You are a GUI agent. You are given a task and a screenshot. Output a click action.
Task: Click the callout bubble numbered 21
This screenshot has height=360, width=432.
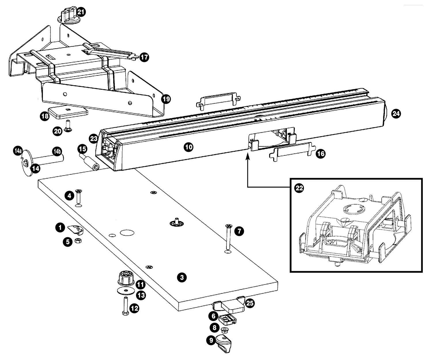(81, 12)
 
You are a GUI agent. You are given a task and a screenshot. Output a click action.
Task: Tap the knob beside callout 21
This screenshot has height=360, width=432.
(67, 16)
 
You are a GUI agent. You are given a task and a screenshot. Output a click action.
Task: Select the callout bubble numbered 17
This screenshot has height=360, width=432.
(144, 57)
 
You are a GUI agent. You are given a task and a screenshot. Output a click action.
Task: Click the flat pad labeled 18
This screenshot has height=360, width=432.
(68, 113)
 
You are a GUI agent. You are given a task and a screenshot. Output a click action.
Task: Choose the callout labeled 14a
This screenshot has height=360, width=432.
(18, 151)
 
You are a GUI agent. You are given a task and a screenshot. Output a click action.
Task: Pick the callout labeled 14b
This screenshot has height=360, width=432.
(57, 152)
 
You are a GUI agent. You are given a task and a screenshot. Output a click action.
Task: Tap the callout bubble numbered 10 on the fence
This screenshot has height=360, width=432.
(188, 147)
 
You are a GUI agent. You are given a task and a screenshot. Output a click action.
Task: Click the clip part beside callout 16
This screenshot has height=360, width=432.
(292, 152)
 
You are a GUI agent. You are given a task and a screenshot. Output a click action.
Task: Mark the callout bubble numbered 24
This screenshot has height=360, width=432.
(396, 113)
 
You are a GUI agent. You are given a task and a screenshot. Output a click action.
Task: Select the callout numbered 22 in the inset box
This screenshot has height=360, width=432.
(299, 188)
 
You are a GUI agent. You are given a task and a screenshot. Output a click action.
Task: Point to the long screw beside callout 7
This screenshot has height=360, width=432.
(228, 237)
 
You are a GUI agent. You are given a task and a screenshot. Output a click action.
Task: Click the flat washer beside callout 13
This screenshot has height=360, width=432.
(126, 291)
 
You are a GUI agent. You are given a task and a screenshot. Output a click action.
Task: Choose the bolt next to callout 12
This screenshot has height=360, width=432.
(126, 306)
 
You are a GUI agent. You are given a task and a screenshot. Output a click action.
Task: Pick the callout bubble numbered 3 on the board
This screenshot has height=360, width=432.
(182, 277)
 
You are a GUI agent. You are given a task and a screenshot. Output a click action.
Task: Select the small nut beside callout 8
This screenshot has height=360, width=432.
(223, 330)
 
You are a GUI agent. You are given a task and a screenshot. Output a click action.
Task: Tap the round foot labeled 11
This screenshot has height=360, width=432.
(126, 278)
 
